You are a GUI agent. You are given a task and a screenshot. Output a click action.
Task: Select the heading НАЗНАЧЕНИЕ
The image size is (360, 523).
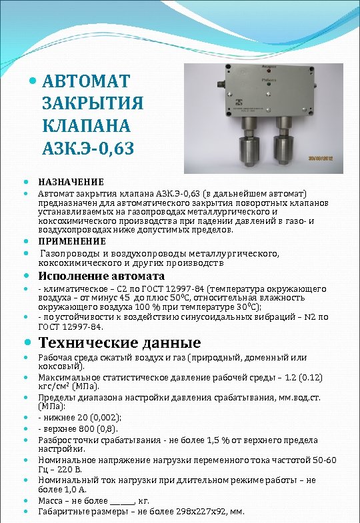[x=71, y=182]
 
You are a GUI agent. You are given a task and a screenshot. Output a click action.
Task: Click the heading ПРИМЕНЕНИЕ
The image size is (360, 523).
[x=72, y=241]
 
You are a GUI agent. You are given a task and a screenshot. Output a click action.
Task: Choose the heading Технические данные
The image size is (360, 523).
[x=119, y=343]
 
